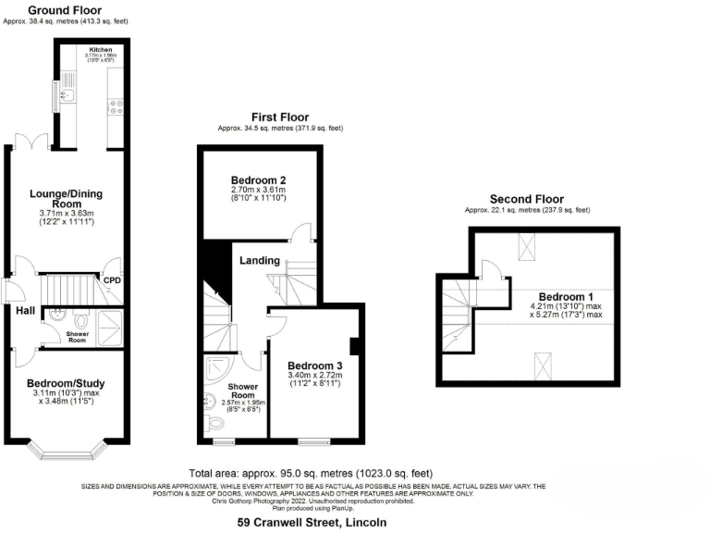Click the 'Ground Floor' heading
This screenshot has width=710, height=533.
(64, 8)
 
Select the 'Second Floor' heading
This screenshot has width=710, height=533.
(526, 199)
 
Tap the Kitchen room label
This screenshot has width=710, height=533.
(101, 47)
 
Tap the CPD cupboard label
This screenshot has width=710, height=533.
(113, 279)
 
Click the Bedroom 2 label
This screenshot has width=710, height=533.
(259, 180)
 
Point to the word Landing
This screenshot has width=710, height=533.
(260, 261)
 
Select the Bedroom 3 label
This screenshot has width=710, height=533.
(314, 366)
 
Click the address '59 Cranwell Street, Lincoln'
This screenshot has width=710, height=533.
(312, 523)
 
